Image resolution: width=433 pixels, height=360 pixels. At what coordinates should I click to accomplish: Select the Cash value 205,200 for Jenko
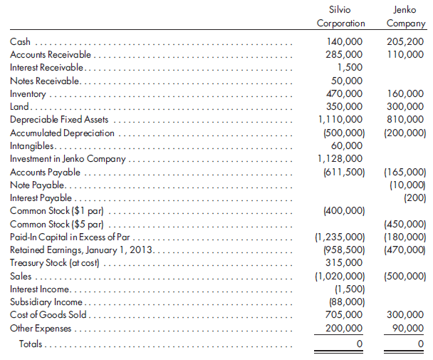[x=408, y=42]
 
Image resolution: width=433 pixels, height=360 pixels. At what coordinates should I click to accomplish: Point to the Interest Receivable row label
[x=47, y=68]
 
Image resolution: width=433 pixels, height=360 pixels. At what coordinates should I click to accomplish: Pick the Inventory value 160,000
[x=408, y=93]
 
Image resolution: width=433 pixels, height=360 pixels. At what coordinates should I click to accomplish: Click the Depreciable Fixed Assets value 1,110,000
[x=341, y=119]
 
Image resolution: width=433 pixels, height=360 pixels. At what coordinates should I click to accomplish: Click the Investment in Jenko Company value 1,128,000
[x=341, y=158]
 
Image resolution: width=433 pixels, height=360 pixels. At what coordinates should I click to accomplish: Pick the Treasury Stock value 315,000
[x=345, y=262]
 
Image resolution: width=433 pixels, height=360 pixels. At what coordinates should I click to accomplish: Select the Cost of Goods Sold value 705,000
[x=345, y=314]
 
